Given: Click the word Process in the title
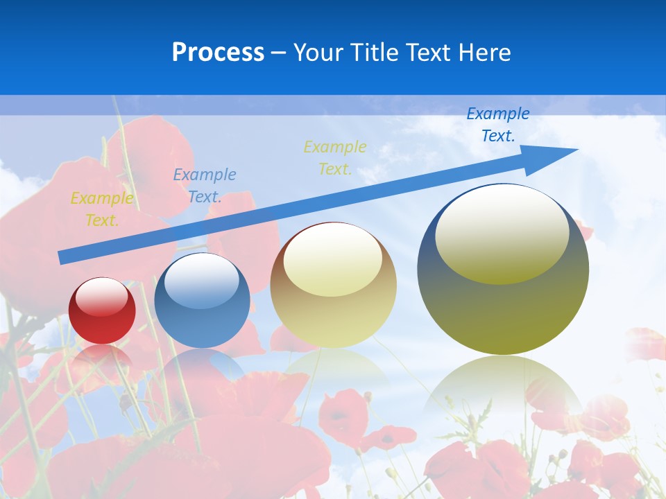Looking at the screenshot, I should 218,52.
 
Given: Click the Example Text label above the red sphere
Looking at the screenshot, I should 102,209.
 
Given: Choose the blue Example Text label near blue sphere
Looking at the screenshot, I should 205,186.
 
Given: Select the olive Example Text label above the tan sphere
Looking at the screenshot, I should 335,157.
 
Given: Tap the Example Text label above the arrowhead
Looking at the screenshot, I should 498,124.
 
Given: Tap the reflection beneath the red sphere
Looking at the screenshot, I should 102,357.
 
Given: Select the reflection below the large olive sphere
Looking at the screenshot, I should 503,388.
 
